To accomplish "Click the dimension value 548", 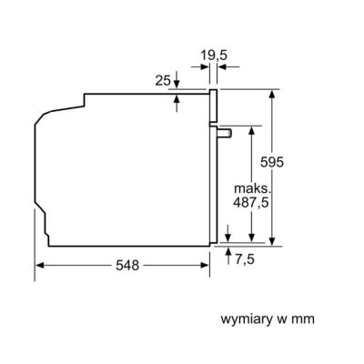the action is pyautogui.click(x=127, y=266).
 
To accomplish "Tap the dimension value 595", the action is pyautogui.click(x=272, y=162).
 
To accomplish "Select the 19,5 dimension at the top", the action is pyautogui.click(x=214, y=56).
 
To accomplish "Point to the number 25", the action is pyautogui.click(x=163, y=80).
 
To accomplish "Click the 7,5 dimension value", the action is pyautogui.click(x=245, y=259).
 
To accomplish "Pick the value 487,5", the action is pyautogui.click(x=251, y=202).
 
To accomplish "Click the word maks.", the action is pyautogui.click(x=252, y=188).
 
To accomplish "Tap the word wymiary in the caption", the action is pyautogui.click(x=246, y=319).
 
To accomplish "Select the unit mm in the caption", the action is pyautogui.click(x=303, y=319).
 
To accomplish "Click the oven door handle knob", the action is pyautogui.click(x=225, y=133).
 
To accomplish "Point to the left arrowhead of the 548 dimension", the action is pyautogui.click(x=40, y=266).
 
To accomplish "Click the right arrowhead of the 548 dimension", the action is pyautogui.click(x=205, y=266).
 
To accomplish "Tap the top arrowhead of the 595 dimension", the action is pyautogui.click(x=272, y=94).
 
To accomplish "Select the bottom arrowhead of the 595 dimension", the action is pyautogui.click(x=272, y=241).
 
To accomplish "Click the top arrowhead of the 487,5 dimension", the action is pyautogui.click(x=251, y=130).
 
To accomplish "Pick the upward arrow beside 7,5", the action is pyautogui.click(x=228, y=256).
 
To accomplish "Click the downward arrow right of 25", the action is pyautogui.click(x=177, y=79).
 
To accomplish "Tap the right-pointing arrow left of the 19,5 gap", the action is pyautogui.click(x=200, y=66).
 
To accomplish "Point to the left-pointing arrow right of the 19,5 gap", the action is pyautogui.click(x=228, y=66).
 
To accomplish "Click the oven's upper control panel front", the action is pyautogui.click(x=214, y=106).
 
